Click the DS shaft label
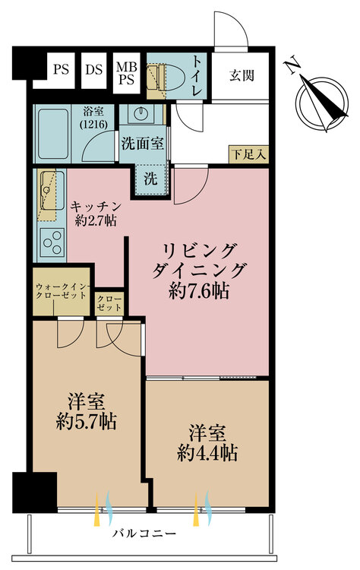[x=94, y=69]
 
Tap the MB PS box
[x=126, y=72]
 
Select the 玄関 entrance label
[x=242, y=75]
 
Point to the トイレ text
[x=197, y=75]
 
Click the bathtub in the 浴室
[x=53, y=134]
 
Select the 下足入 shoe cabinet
[x=249, y=154]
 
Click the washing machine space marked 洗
[x=150, y=179]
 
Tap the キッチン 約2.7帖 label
[x=96, y=214]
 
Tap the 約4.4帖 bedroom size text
[x=207, y=453]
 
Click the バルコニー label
[x=144, y=534]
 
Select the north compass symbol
[x=322, y=103]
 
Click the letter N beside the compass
[x=293, y=66]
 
